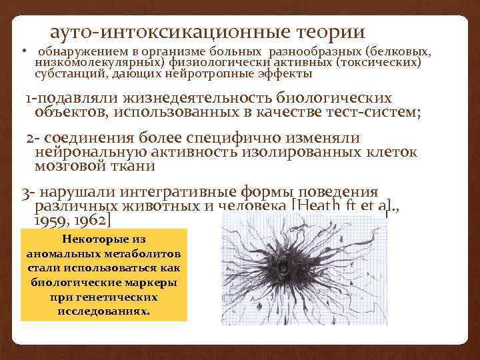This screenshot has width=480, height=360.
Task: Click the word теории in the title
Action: point(326,32)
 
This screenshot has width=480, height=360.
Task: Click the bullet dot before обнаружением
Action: point(23,51)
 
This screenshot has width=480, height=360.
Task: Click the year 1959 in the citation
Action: point(50,219)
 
